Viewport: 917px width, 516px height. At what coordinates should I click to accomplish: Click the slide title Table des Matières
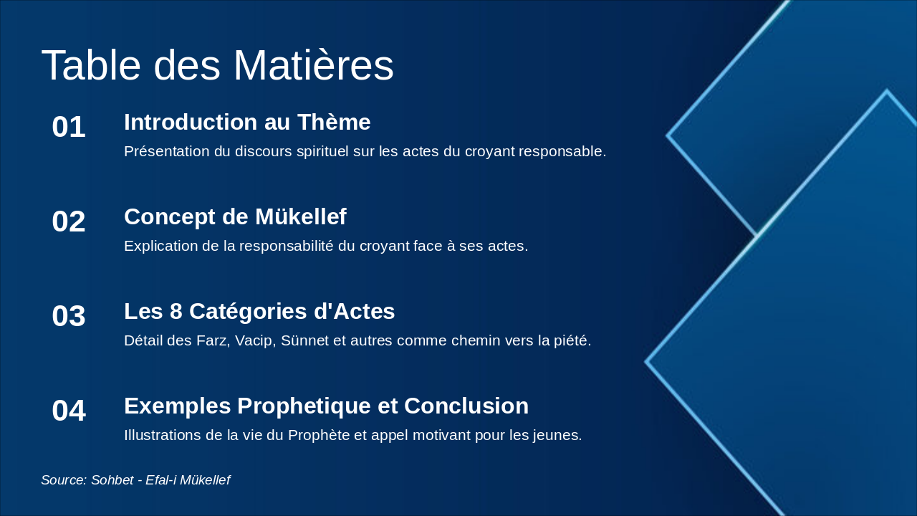click(217, 65)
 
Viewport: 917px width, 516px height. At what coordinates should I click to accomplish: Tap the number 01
click(69, 127)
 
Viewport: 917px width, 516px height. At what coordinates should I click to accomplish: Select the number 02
click(69, 221)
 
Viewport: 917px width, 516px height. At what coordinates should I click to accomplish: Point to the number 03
click(69, 316)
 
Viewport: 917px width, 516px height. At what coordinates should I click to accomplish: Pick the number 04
click(69, 411)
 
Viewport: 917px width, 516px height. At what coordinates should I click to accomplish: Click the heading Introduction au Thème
click(247, 122)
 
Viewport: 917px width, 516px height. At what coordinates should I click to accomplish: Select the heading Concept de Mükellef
click(236, 216)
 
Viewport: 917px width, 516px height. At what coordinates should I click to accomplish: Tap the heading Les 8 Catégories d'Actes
click(259, 311)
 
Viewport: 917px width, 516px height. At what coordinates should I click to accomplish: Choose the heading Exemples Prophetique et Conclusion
click(326, 406)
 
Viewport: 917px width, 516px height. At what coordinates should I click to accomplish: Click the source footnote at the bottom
click(135, 480)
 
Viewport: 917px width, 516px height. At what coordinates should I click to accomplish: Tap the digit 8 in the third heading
click(176, 311)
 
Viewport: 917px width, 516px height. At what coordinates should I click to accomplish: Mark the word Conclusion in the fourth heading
click(466, 406)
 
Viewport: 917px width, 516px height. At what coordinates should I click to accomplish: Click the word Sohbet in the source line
click(112, 480)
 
